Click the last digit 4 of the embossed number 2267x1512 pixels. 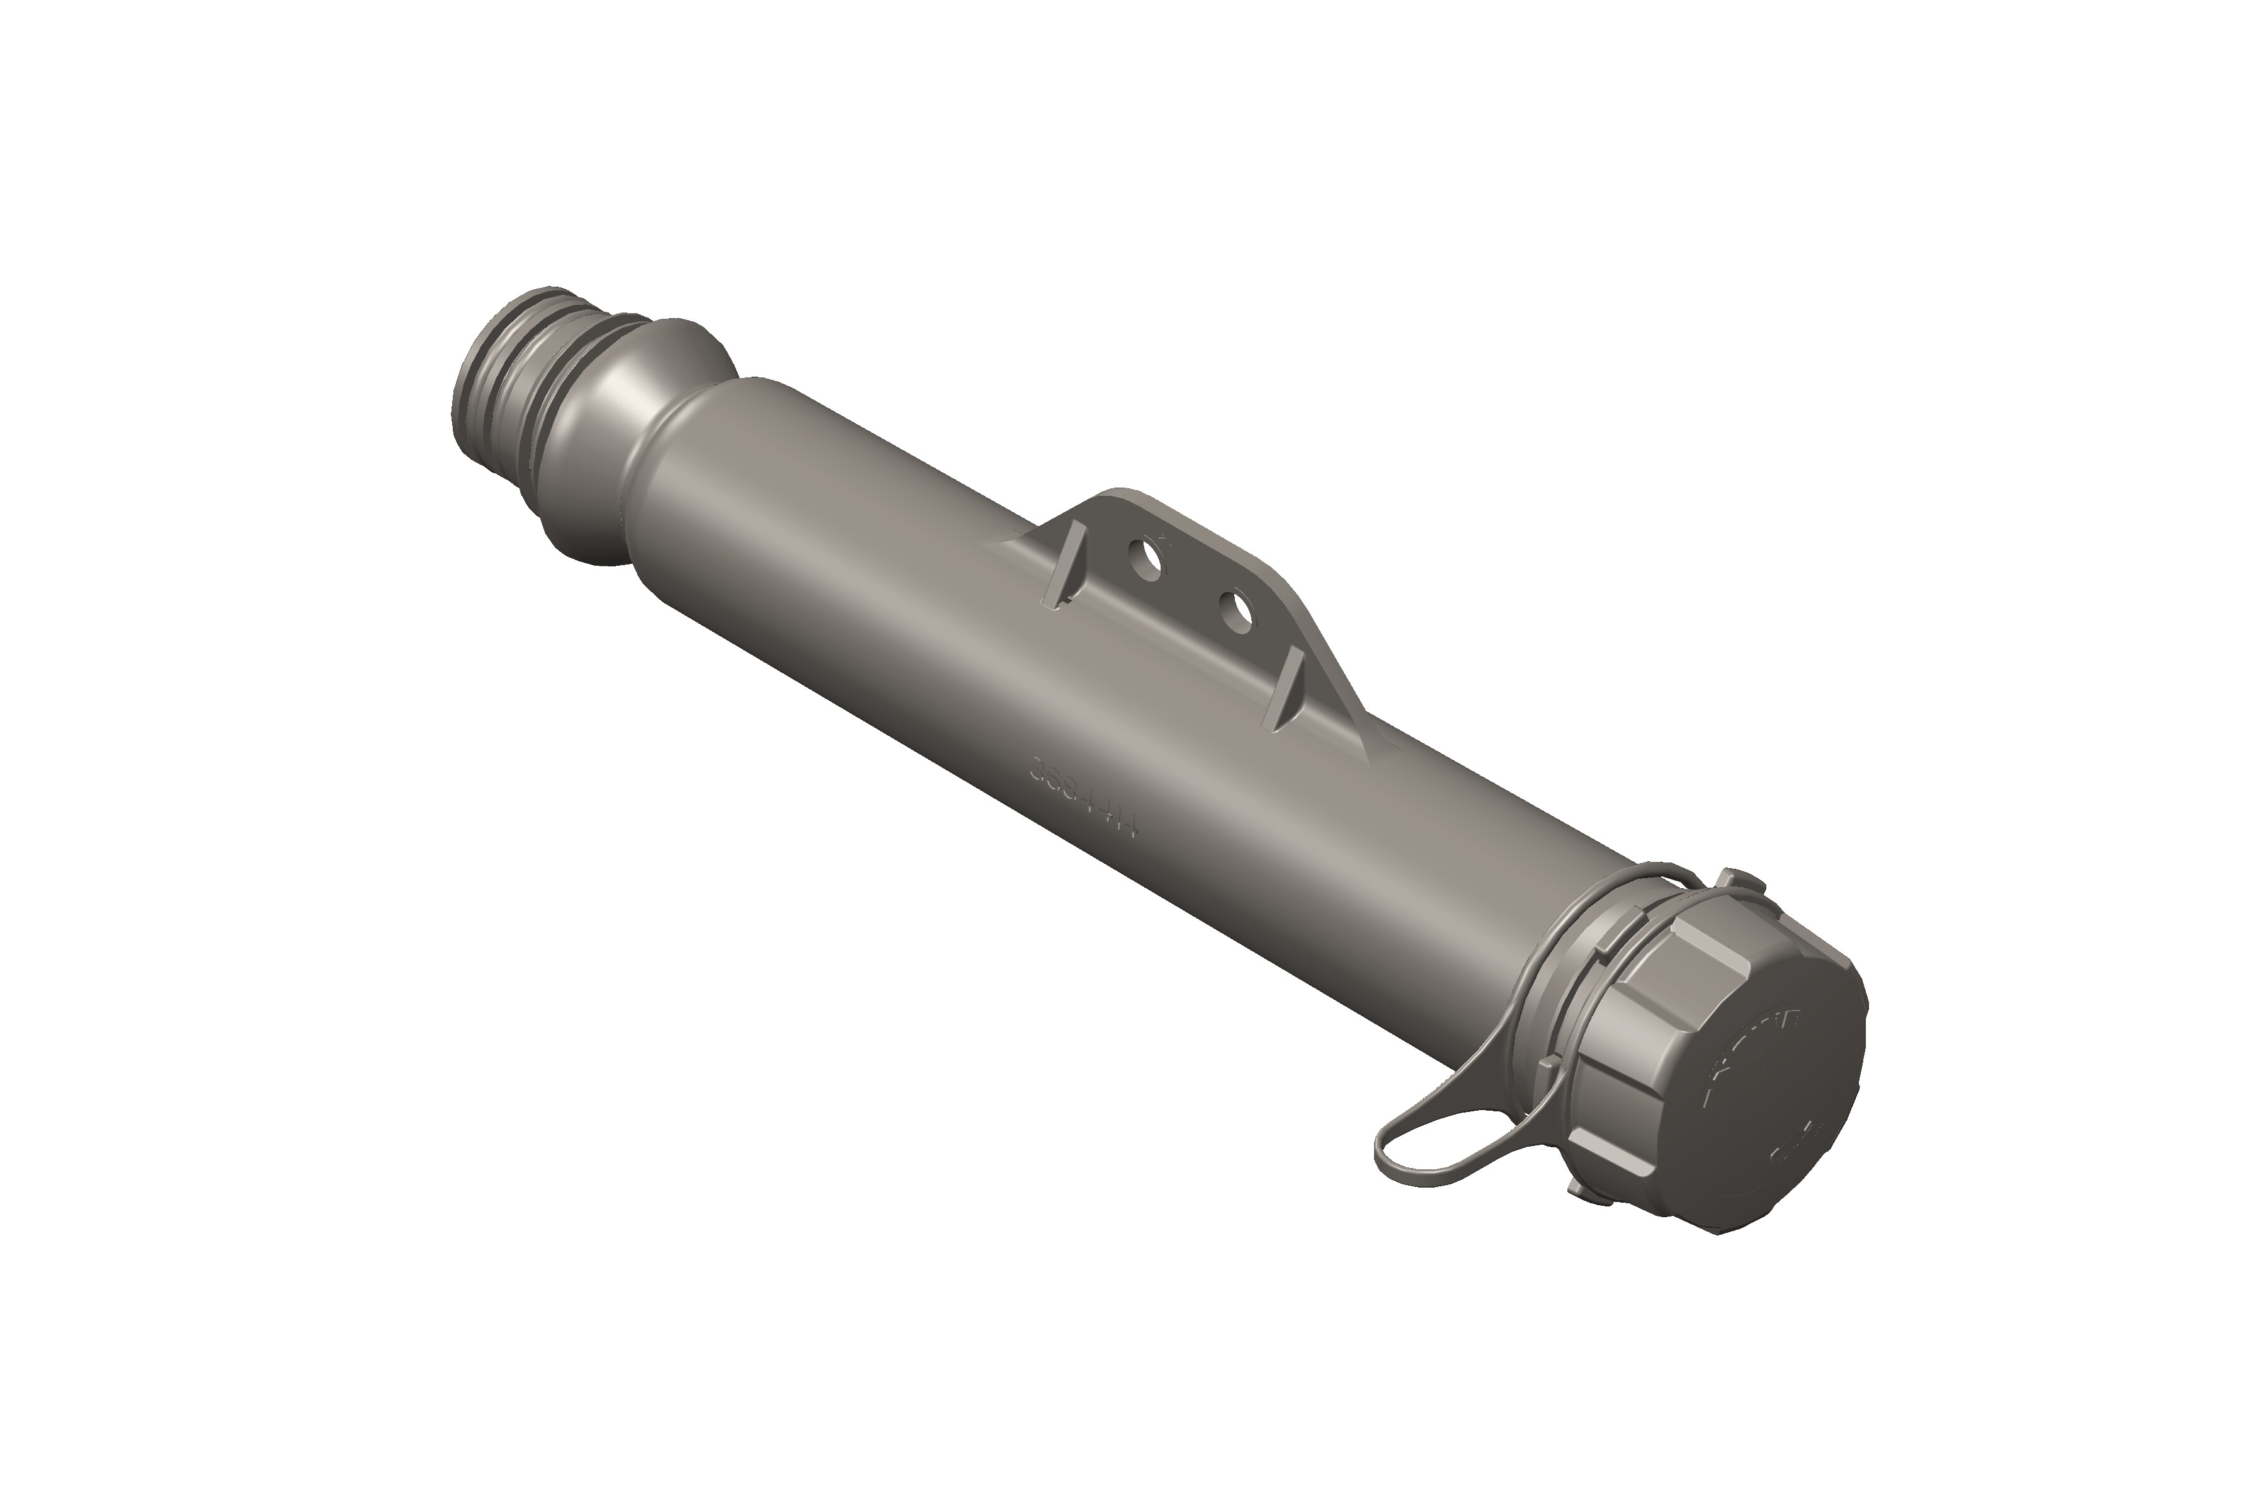(x=1128, y=827)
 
